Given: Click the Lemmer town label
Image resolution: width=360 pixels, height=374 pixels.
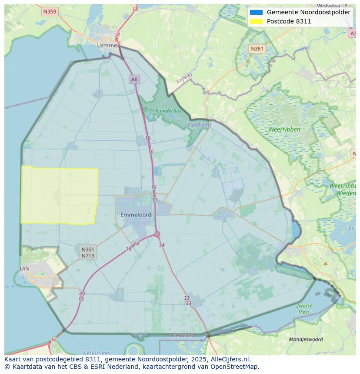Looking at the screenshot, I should point(108,45).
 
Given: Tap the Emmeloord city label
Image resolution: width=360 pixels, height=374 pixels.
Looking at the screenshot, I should point(136,215).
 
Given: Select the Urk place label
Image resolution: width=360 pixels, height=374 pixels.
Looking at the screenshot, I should point(24,268).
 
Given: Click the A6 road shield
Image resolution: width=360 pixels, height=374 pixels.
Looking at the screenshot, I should point(134,79).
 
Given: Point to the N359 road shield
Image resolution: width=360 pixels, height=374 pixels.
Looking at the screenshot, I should point(50,12).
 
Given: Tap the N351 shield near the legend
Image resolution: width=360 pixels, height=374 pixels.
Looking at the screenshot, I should point(257,49).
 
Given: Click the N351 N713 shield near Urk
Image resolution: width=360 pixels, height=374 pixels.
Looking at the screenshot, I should point(87,252).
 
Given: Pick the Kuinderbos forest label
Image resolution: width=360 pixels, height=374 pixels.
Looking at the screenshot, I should point(168,111).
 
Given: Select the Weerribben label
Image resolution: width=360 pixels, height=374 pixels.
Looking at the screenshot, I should point(284,129).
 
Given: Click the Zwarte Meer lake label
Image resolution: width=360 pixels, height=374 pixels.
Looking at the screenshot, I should point(304,309).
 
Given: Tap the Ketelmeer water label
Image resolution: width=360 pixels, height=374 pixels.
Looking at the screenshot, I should point(96,353).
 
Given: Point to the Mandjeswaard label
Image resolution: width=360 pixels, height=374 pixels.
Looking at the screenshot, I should point(306,339).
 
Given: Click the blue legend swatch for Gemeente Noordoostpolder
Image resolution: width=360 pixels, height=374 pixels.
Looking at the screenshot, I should point(256,12).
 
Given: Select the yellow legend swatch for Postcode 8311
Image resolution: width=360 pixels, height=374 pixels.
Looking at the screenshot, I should point(256,21).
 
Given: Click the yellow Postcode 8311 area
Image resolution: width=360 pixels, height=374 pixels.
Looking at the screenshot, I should point(59,195).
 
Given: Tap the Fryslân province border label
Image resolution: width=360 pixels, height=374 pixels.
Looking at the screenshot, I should point(184,78).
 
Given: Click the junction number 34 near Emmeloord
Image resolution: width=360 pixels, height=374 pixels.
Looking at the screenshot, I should point(162,245).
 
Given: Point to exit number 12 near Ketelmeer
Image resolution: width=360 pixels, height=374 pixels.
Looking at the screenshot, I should point(53,340).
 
